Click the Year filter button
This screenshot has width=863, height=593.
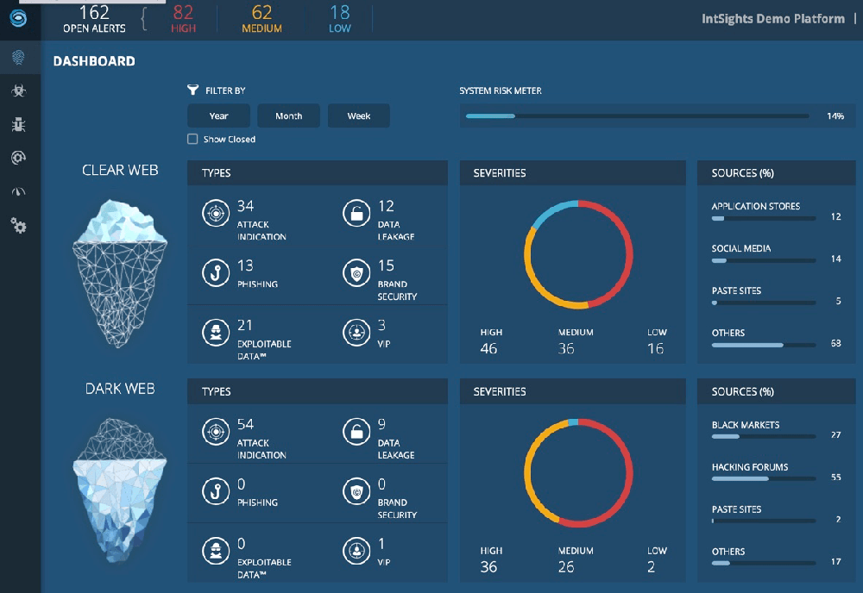pyautogui.click(x=219, y=115)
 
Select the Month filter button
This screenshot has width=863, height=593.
pyautogui.click(x=288, y=115)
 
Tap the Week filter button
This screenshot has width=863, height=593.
pyautogui.click(x=359, y=115)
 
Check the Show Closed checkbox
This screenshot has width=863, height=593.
pyautogui.click(x=192, y=139)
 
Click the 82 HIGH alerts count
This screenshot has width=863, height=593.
pyautogui.click(x=183, y=18)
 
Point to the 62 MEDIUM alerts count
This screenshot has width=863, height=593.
pyautogui.click(x=261, y=18)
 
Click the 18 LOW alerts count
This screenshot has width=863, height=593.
pyautogui.click(x=340, y=18)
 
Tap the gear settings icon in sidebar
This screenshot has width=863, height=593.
pyautogui.click(x=19, y=226)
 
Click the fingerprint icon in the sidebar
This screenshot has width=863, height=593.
pyautogui.click(x=19, y=58)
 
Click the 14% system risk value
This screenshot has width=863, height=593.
pyautogui.click(x=835, y=115)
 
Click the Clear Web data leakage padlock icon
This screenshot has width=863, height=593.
pyautogui.click(x=356, y=213)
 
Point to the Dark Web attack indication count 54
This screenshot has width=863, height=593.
pyautogui.click(x=245, y=425)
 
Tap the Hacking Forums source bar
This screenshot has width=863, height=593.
pyautogui.click(x=763, y=478)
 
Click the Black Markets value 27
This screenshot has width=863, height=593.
pyautogui.click(x=835, y=435)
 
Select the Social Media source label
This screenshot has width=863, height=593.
pyautogui.click(x=741, y=248)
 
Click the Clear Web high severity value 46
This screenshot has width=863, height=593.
pyautogui.click(x=489, y=348)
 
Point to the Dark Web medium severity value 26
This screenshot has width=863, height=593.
pyautogui.click(x=566, y=566)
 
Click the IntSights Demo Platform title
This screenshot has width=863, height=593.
pyautogui.click(x=772, y=18)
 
